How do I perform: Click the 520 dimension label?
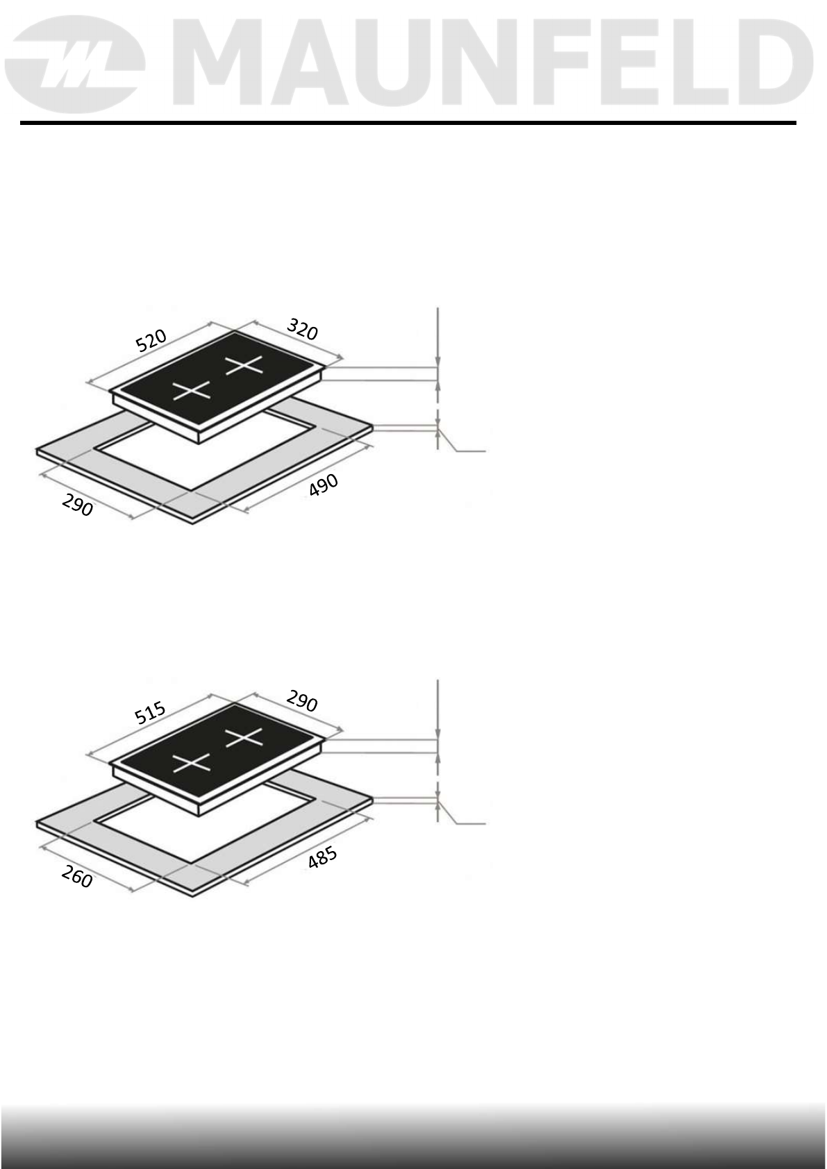[x=151, y=341]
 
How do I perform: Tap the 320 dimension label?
[x=302, y=330]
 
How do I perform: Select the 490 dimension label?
[x=324, y=485]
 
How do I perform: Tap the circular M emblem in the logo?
[x=75, y=65]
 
